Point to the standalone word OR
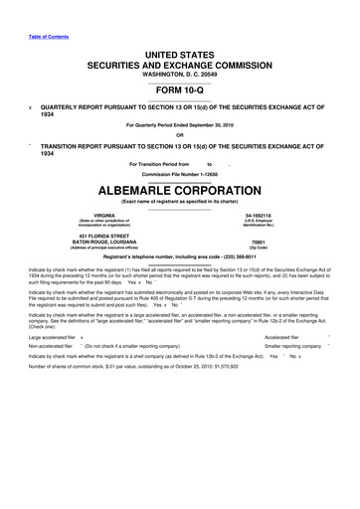[179, 134]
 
